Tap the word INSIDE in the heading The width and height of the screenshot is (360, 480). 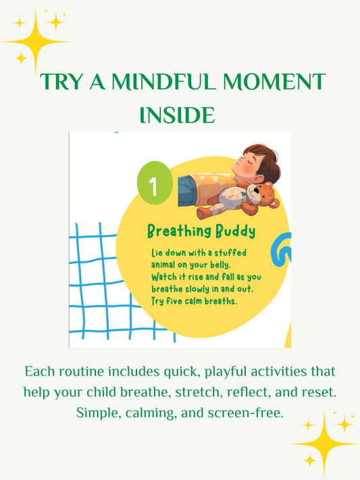pyautogui.click(x=176, y=114)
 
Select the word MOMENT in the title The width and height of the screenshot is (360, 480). pyautogui.click(x=274, y=83)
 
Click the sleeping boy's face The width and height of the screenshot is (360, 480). pyautogui.click(x=241, y=162)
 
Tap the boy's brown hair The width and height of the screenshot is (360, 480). pyautogui.click(x=260, y=159)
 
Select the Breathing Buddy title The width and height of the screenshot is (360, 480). pyautogui.click(x=201, y=232)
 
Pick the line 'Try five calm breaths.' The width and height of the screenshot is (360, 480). pyautogui.click(x=195, y=300)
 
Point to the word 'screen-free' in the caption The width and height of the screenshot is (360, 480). pyautogui.click(x=248, y=411)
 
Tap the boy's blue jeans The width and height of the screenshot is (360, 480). pyautogui.click(x=190, y=191)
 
